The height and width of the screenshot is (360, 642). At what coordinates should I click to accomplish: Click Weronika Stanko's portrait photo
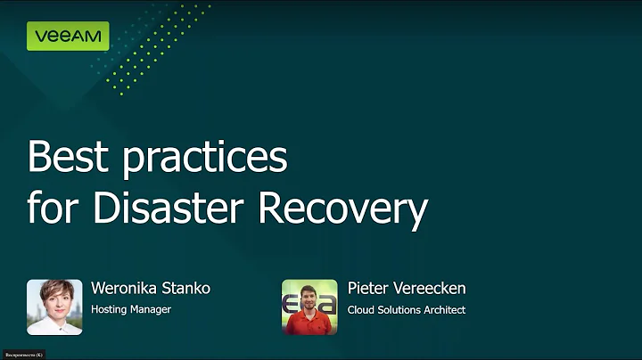click(x=54, y=307)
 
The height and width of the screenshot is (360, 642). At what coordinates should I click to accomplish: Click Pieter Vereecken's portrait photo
click(x=309, y=307)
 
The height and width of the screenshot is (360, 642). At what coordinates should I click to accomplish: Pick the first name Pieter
click(x=368, y=289)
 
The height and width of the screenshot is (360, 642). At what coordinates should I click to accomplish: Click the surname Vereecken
click(x=429, y=289)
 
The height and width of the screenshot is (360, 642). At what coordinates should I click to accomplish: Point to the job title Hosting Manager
click(x=130, y=310)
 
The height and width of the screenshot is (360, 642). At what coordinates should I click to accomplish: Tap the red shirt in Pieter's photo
click(x=309, y=323)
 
